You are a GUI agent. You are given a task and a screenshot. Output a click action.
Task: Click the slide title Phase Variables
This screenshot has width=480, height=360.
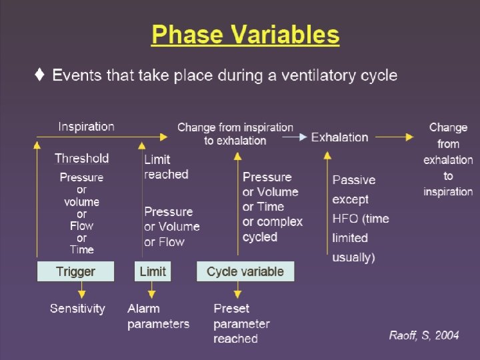click(245, 34)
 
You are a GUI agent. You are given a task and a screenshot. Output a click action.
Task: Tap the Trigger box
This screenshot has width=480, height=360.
click(75, 271)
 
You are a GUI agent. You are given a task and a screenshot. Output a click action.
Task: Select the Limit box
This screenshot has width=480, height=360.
click(153, 271)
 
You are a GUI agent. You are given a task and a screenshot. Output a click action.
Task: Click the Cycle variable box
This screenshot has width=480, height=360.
click(245, 271)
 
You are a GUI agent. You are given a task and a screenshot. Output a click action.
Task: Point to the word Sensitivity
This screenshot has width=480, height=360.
click(77, 309)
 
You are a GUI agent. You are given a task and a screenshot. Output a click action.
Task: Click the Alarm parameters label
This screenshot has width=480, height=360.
click(158, 317)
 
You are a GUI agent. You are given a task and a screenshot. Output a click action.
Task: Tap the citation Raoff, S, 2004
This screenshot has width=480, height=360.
click(424, 335)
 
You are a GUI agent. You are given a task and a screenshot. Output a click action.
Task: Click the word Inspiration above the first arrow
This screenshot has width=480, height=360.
click(86, 126)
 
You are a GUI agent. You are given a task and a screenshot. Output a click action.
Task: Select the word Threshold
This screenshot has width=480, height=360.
click(81, 158)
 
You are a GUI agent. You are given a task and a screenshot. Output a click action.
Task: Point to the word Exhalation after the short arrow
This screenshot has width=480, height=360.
click(339, 137)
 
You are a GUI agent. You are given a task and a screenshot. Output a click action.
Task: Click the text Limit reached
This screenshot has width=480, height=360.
click(166, 167)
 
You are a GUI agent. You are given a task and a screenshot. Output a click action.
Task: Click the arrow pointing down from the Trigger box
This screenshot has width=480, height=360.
click(81, 291)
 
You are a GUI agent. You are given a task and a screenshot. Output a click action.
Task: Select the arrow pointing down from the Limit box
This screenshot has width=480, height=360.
click(152, 291)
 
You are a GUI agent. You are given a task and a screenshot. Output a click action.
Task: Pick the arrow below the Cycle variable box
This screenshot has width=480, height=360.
click(236, 291)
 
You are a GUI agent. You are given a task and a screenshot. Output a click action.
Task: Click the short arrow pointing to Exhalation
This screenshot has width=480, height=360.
click(293, 137)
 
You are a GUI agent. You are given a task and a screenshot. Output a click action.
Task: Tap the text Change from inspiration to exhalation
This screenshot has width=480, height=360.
click(235, 133)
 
